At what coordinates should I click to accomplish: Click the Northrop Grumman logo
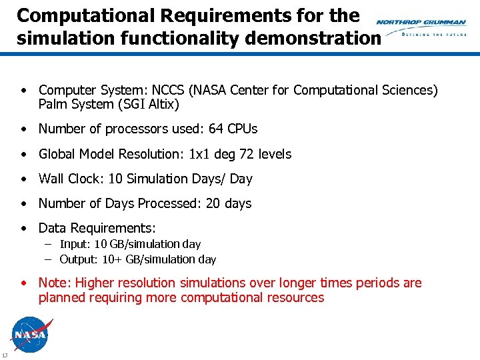[x=421, y=27]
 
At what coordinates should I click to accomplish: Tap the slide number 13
[x=5, y=354]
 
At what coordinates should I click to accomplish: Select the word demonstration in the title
[x=313, y=38]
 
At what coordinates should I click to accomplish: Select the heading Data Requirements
[x=97, y=228]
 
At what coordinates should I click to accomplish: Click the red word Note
[x=53, y=283]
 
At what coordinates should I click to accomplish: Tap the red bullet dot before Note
[x=24, y=283]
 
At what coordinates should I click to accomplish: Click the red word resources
[x=295, y=298]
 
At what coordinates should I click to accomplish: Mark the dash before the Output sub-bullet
[x=49, y=259]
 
